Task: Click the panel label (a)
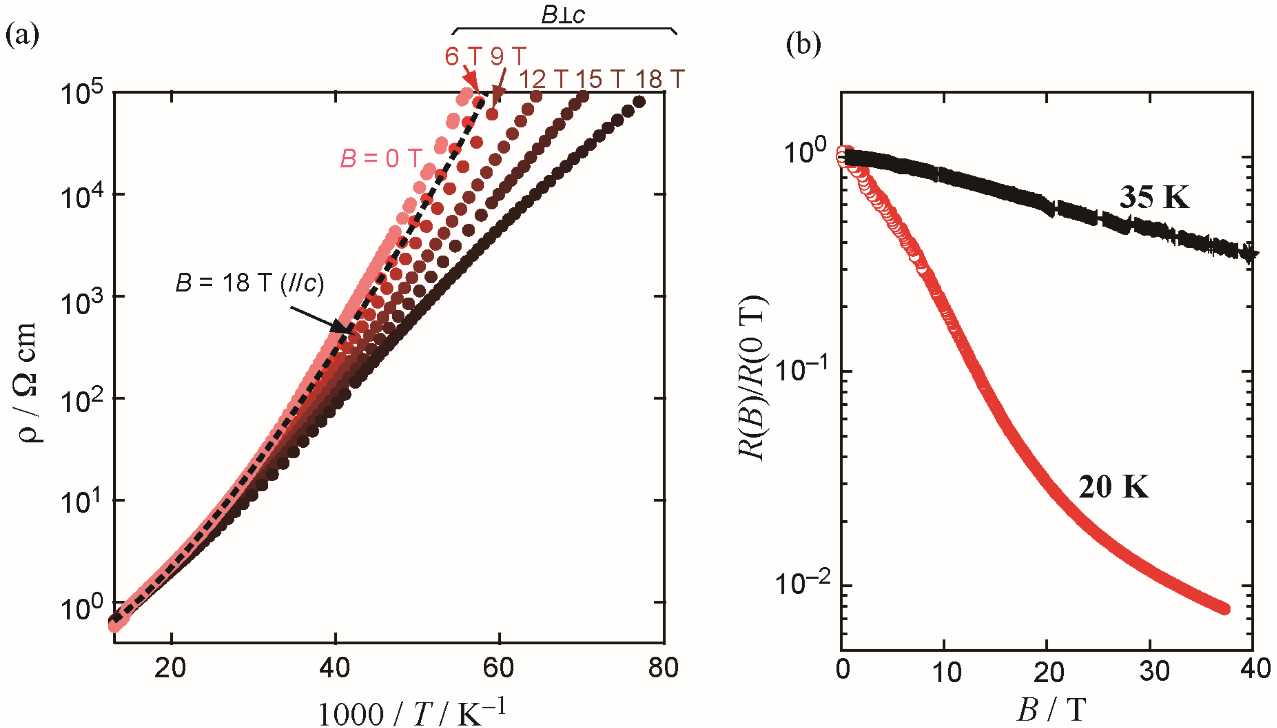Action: [22, 36]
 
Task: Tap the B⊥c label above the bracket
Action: [563, 15]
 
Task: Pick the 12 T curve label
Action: [544, 79]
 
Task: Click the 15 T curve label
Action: [600, 79]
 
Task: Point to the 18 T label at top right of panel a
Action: [659, 79]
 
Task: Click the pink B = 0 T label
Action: [381, 159]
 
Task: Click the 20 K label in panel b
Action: [1113, 486]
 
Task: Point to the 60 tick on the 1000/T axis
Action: [498, 668]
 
